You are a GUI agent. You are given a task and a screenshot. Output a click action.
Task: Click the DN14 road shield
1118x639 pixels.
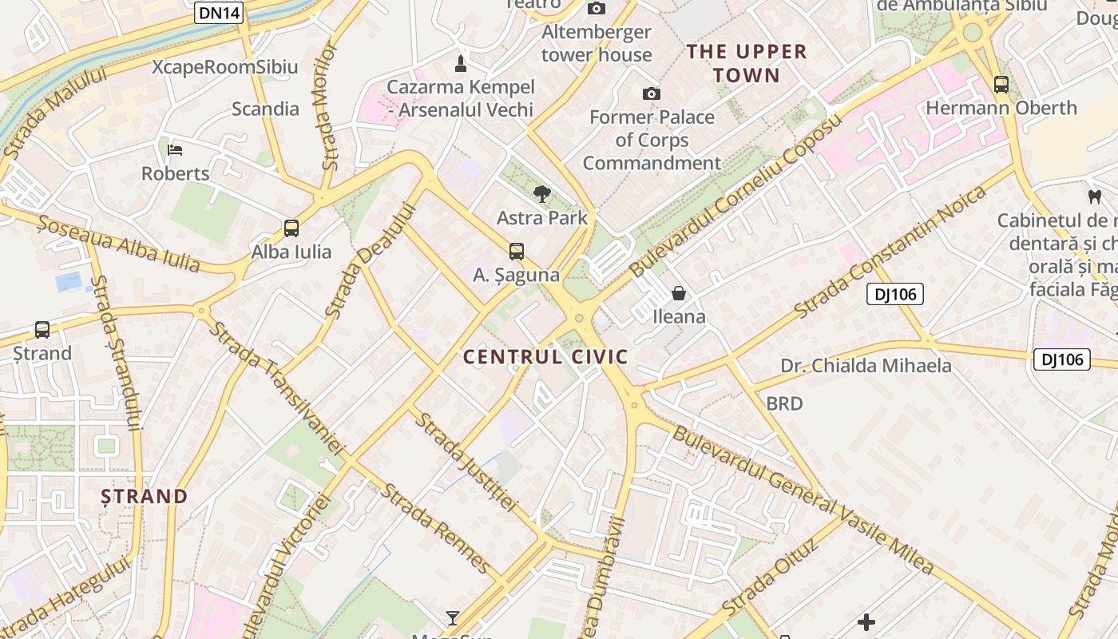click(218, 12)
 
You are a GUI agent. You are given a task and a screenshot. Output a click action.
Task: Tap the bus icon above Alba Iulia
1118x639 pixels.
click(291, 228)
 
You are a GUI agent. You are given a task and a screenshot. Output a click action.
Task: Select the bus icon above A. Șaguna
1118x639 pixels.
click(517, 252)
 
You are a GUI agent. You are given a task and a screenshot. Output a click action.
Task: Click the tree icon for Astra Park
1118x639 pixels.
click(542, 193)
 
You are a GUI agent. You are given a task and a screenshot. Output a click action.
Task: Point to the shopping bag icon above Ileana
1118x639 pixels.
click(679, 293)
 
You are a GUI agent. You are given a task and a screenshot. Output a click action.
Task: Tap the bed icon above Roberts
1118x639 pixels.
click(175, 150)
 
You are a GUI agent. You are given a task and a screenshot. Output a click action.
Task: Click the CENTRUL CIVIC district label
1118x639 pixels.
click(545, 357)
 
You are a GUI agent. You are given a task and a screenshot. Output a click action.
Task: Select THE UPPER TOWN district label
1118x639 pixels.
click(747, 64)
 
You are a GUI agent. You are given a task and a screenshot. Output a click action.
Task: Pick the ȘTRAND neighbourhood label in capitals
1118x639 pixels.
click(145, 497)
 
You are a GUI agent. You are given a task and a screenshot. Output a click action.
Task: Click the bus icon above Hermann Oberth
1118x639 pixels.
click(1001, 85)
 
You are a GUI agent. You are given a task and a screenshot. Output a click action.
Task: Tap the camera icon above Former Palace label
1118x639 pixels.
click(652, 93)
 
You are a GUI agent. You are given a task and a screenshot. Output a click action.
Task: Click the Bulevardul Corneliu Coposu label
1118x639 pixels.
click(735, 196)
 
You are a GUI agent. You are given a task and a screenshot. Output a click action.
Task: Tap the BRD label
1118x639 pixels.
click(784, 403)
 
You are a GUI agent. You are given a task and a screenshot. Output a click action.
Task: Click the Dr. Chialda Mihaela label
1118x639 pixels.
click(866, 366)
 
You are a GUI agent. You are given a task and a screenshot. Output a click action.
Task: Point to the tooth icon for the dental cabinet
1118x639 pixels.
click(1094, 196)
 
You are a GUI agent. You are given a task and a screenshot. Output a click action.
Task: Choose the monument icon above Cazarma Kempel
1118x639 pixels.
click(461, 62)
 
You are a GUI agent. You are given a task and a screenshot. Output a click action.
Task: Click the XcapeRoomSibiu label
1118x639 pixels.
click(225, 67)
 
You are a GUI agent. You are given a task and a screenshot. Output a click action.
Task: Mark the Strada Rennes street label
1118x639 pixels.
click(436, 527)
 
